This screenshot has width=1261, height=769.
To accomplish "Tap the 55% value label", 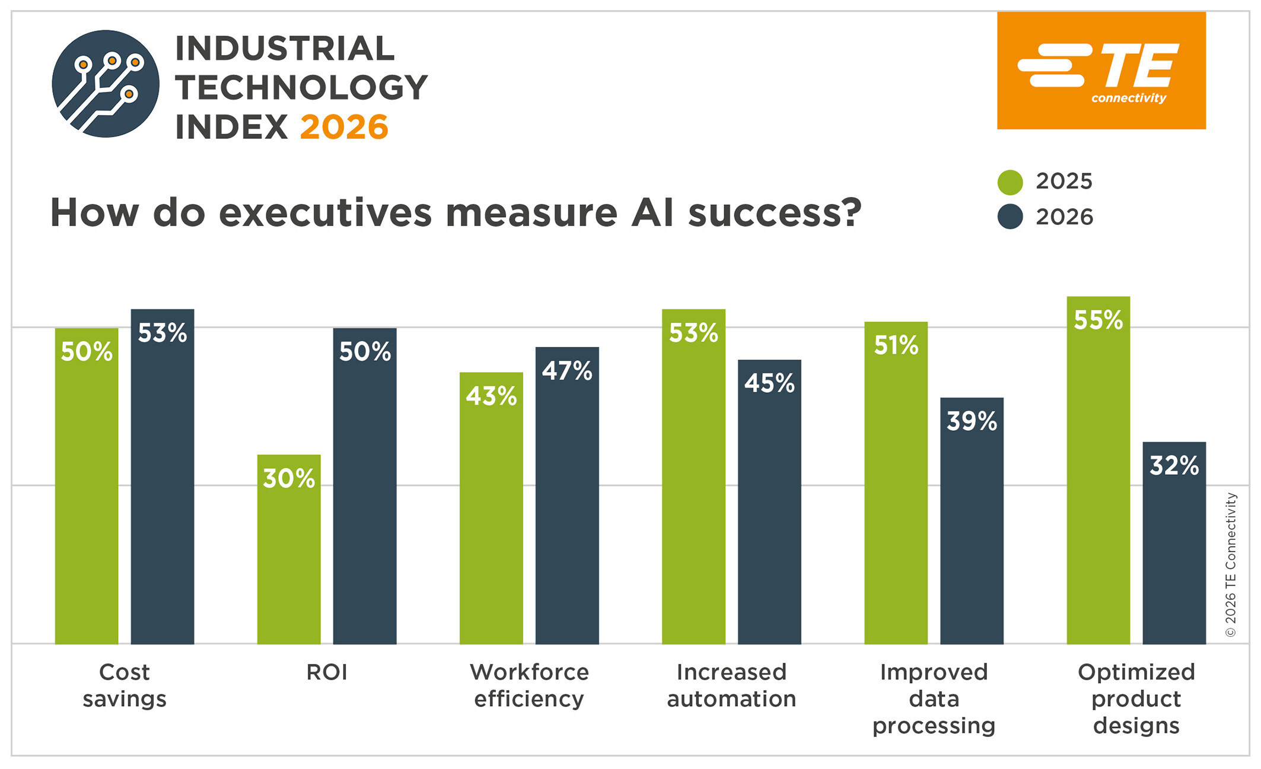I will pos(1098,320).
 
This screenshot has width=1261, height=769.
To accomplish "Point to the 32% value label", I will pos(1174,466).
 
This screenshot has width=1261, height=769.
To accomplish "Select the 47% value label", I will pos(567,371).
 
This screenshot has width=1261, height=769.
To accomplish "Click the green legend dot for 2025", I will pos(1010,182).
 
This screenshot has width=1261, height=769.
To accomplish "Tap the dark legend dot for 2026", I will pos(1010,217).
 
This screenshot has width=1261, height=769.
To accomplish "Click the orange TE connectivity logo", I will pos(1101,71).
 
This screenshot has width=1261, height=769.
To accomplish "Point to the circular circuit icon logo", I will pos(106,84).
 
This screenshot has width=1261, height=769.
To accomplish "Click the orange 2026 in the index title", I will pos(344,128).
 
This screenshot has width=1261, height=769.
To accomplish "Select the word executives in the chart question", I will pos(325,212).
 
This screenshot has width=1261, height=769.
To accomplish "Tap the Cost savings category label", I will pos(125,685).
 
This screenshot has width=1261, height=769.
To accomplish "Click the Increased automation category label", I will pos(731,685).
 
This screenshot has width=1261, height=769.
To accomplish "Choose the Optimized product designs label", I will pos(1136,698).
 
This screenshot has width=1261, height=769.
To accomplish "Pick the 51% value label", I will pos(896,345).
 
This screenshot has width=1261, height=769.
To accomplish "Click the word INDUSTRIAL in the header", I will pos(285,49).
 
